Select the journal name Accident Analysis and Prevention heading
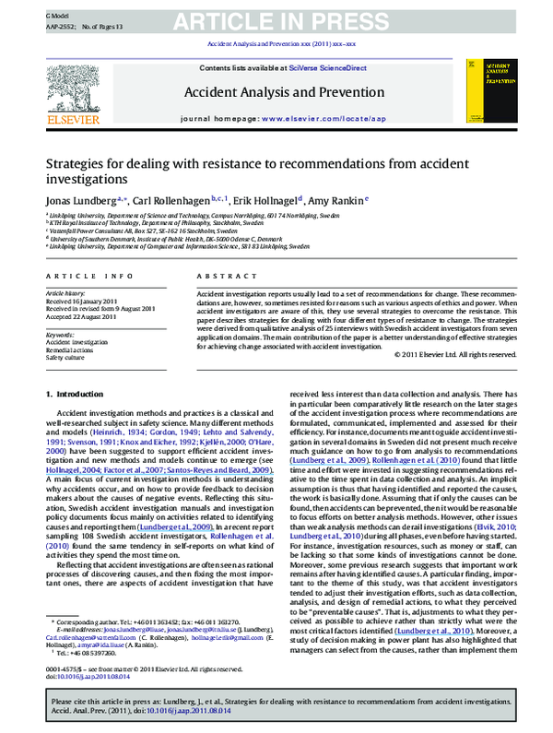click(x=276, y=92)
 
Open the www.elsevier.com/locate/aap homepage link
click(x=318, y=120)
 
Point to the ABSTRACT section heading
click(x=219, y=276)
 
